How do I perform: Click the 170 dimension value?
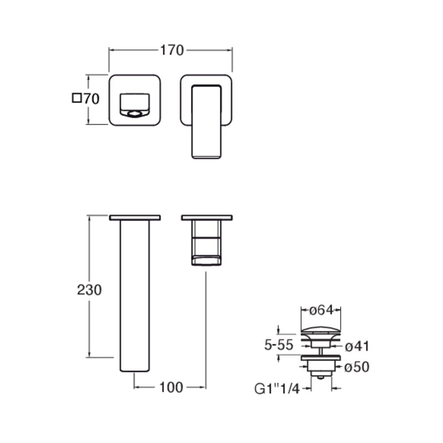pyautogui.click(x=172, y=50)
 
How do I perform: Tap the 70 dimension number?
pyautogui.click(x=91, y=99)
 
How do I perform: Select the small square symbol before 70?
pyautogui.click(x=76, y=98)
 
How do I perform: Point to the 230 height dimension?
pyautogui.click(x=89, y=290)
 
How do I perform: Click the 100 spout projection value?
pyautogui.click(x=171, y=387)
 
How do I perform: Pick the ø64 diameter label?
pyautogui.click(x=322, y=310)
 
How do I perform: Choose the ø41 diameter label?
pyautogui.click(x=357, y=347)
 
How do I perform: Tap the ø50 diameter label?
pyautogui.click(x=357, y=367)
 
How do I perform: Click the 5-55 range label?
pyautogui.click(x=279, y=345)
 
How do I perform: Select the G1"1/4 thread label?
pyautogui.click(x=277, y=389)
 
